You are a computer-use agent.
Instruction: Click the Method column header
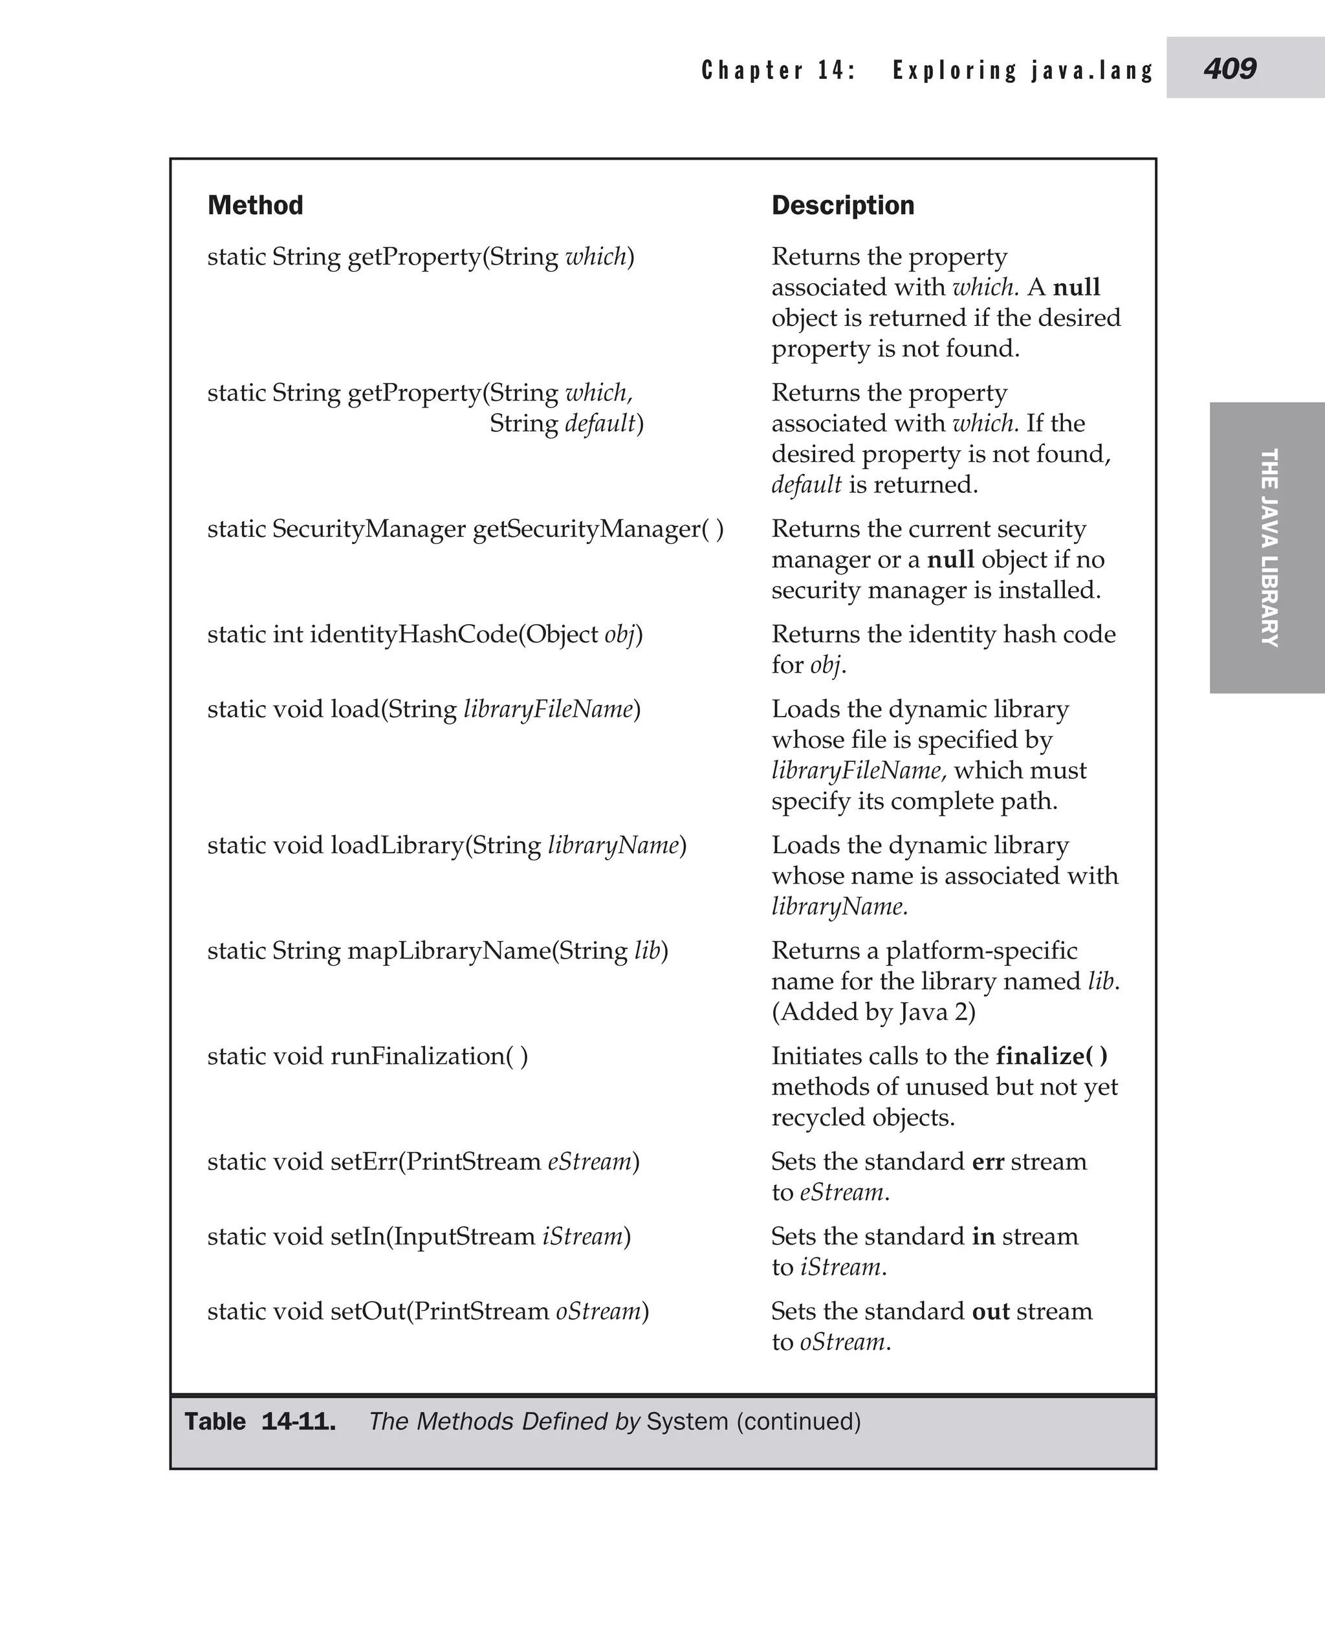click(255, 205)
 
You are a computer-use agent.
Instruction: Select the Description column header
click(842, 205)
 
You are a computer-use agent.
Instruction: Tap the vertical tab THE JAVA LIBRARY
click(1268, 547)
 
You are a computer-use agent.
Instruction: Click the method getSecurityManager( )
click(598, 529)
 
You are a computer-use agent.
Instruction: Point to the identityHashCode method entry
click(424, 634)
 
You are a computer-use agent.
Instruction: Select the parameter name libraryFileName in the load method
click(548, 710)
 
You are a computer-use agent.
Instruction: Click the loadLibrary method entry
click(446, 845)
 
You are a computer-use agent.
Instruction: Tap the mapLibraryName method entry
click(437, 951)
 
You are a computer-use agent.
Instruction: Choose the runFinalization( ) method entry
click(367, 1056)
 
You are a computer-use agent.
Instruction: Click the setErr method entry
click(423, 1162)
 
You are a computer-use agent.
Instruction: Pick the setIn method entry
click(418, 1236)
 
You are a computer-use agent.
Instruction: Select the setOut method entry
click(428, 1311)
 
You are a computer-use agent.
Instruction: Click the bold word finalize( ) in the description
click(1051, 1056)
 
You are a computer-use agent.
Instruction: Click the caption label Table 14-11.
click(259, 1422)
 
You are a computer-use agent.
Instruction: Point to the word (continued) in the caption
click(798, 1422)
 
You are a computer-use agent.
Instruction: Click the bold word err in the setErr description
click(988, 1162)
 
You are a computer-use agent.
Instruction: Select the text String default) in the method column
click(565, 424)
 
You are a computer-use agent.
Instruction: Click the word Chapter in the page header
click(752, 71)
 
